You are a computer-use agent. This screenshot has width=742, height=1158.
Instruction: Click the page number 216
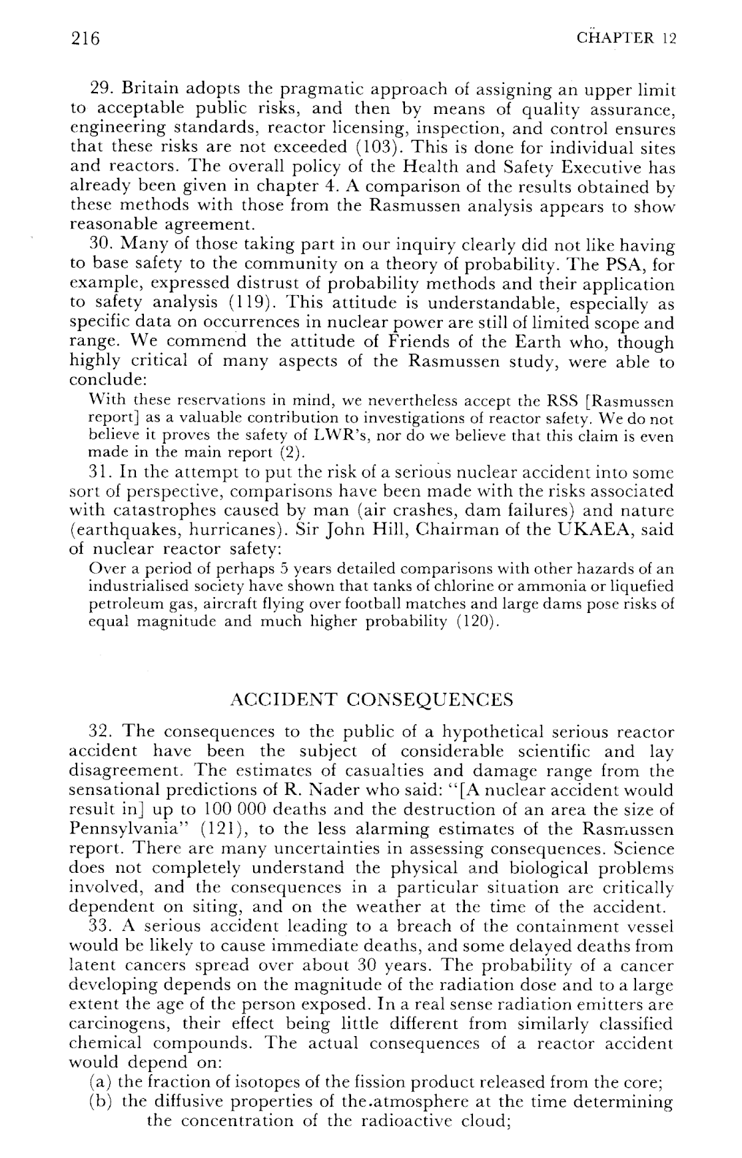tap(85, 39)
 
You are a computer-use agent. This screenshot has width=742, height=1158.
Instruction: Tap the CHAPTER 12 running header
tap(627, 38)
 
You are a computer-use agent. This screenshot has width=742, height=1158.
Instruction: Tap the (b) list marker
tap(101, 1101)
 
